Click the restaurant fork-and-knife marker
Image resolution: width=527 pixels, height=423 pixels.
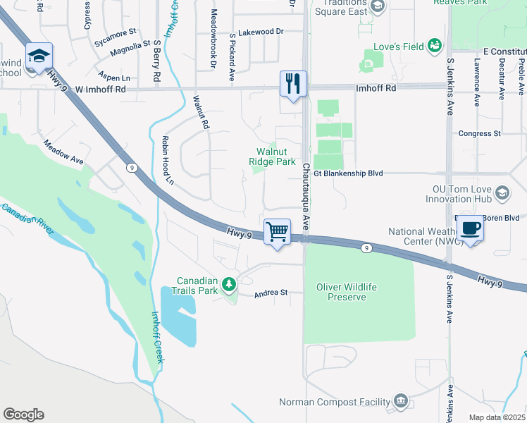(292, 84)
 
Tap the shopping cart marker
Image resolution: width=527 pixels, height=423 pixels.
(277, 231)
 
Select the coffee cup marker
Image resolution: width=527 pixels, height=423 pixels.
(470, 228)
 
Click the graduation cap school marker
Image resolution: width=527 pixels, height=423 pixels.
(39, 56)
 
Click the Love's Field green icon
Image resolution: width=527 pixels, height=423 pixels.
(434, 47)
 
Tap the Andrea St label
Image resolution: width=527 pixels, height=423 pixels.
(271, 293)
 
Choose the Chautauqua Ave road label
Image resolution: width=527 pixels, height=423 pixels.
(306, 196)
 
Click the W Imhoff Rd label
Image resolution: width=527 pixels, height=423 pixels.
(100, 90)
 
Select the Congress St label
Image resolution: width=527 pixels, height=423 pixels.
(478, 133)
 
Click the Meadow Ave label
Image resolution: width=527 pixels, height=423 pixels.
(63, 152)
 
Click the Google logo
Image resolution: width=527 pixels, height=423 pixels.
(23, 415)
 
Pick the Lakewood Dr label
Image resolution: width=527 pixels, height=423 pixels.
(260, 32)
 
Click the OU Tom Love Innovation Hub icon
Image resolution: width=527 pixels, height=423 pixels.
(502, 192)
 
